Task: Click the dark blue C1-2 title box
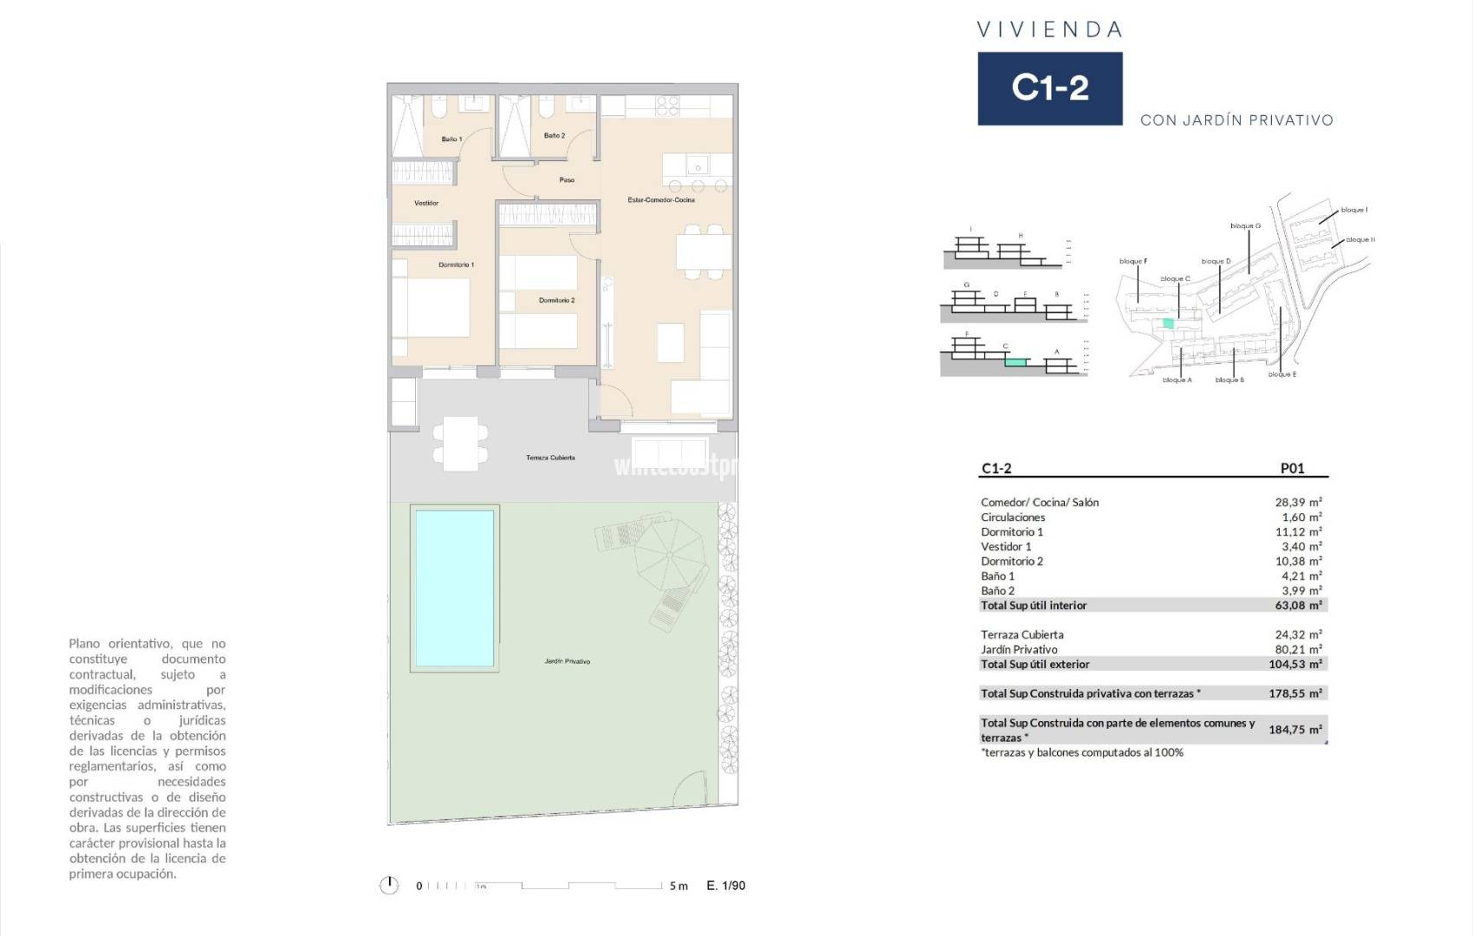[1049, 88]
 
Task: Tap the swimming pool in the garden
[454, 588]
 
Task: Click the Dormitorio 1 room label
[456, 265]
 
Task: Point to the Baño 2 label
[555, 136]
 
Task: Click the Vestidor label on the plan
[426, 203]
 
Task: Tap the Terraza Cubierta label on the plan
[550, 458]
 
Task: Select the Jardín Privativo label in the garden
[567, 661]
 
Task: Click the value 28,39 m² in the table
[1297, 503]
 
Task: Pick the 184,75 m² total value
[1295, 730]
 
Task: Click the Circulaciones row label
[1012, 517]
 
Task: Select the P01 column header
[1291, 468]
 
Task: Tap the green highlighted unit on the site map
[1168, 323]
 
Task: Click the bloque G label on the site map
[1245, 226]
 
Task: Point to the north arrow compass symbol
[389, 885]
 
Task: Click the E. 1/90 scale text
[725, 886]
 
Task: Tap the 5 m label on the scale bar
[678, 886]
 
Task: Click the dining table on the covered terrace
[460, 444]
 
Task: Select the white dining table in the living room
[703, 252]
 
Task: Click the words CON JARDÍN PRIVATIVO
[1236, 120]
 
